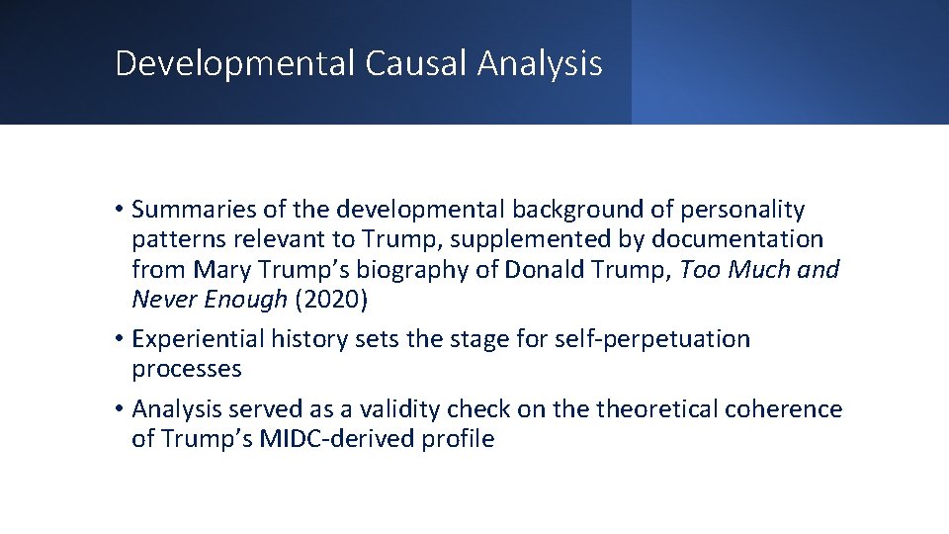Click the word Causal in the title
pyautogui.click(x=416, y=63)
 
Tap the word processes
pyautogui.click(x=187, y=370)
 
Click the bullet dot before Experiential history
pyautogui.click(x=119, y=339)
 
